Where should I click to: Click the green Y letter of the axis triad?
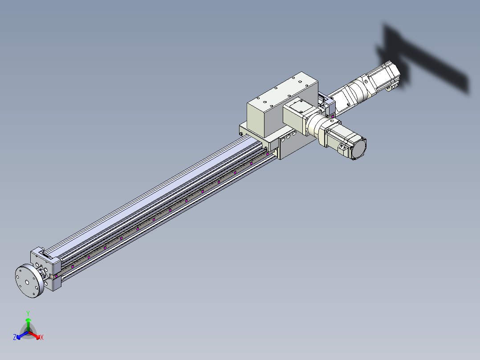pos(28,313)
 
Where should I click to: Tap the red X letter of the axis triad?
pos(42,337)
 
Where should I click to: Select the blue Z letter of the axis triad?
pos(15,337)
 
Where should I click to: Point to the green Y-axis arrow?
pos(28,324)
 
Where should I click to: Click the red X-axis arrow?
pos(34,335)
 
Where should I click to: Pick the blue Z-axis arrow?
pos(22,335)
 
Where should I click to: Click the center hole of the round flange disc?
pos(27,282)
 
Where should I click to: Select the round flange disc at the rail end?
pos(29,281)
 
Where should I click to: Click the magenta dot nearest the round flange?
pos(56,276)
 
